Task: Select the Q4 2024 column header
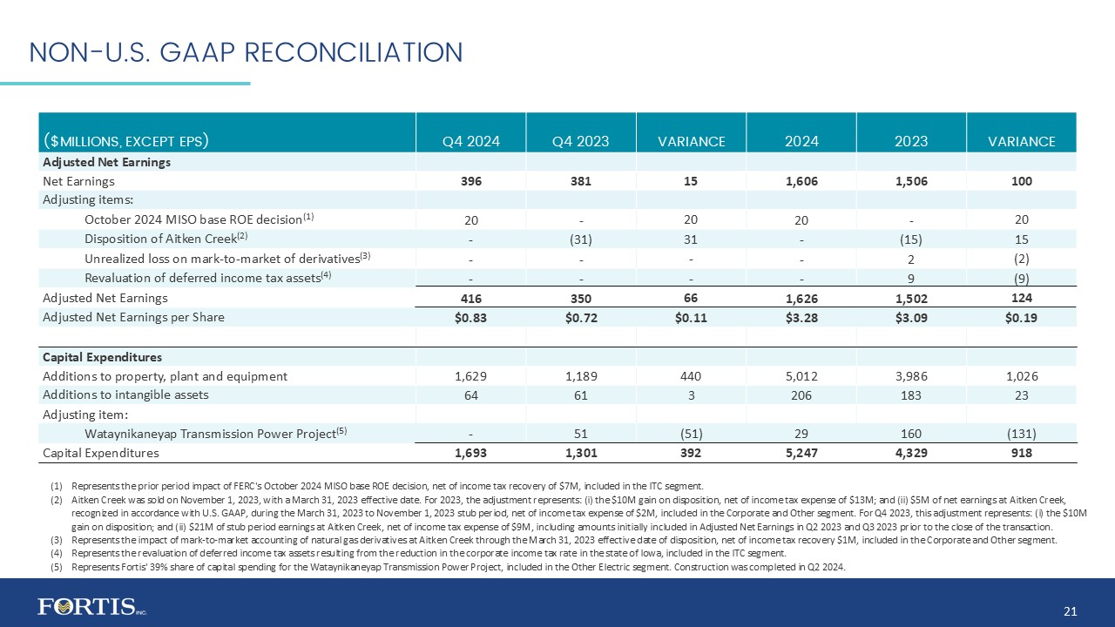click(470, 141)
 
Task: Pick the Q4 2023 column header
click(580, 141)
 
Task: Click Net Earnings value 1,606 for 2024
click(801, 181)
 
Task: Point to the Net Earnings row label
click(79, 181)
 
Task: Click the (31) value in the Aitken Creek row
click(580, 239)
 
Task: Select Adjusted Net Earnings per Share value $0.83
click(470, 317)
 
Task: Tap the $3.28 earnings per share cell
click(801, 317)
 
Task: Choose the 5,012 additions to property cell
click(801, 376)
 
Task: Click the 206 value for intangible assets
click(801, 395)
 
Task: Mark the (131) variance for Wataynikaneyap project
click(1022, 434)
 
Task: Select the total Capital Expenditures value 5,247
click(801, 453)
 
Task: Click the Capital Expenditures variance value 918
click(1022, 453)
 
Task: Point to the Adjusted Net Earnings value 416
click(470, 298)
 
